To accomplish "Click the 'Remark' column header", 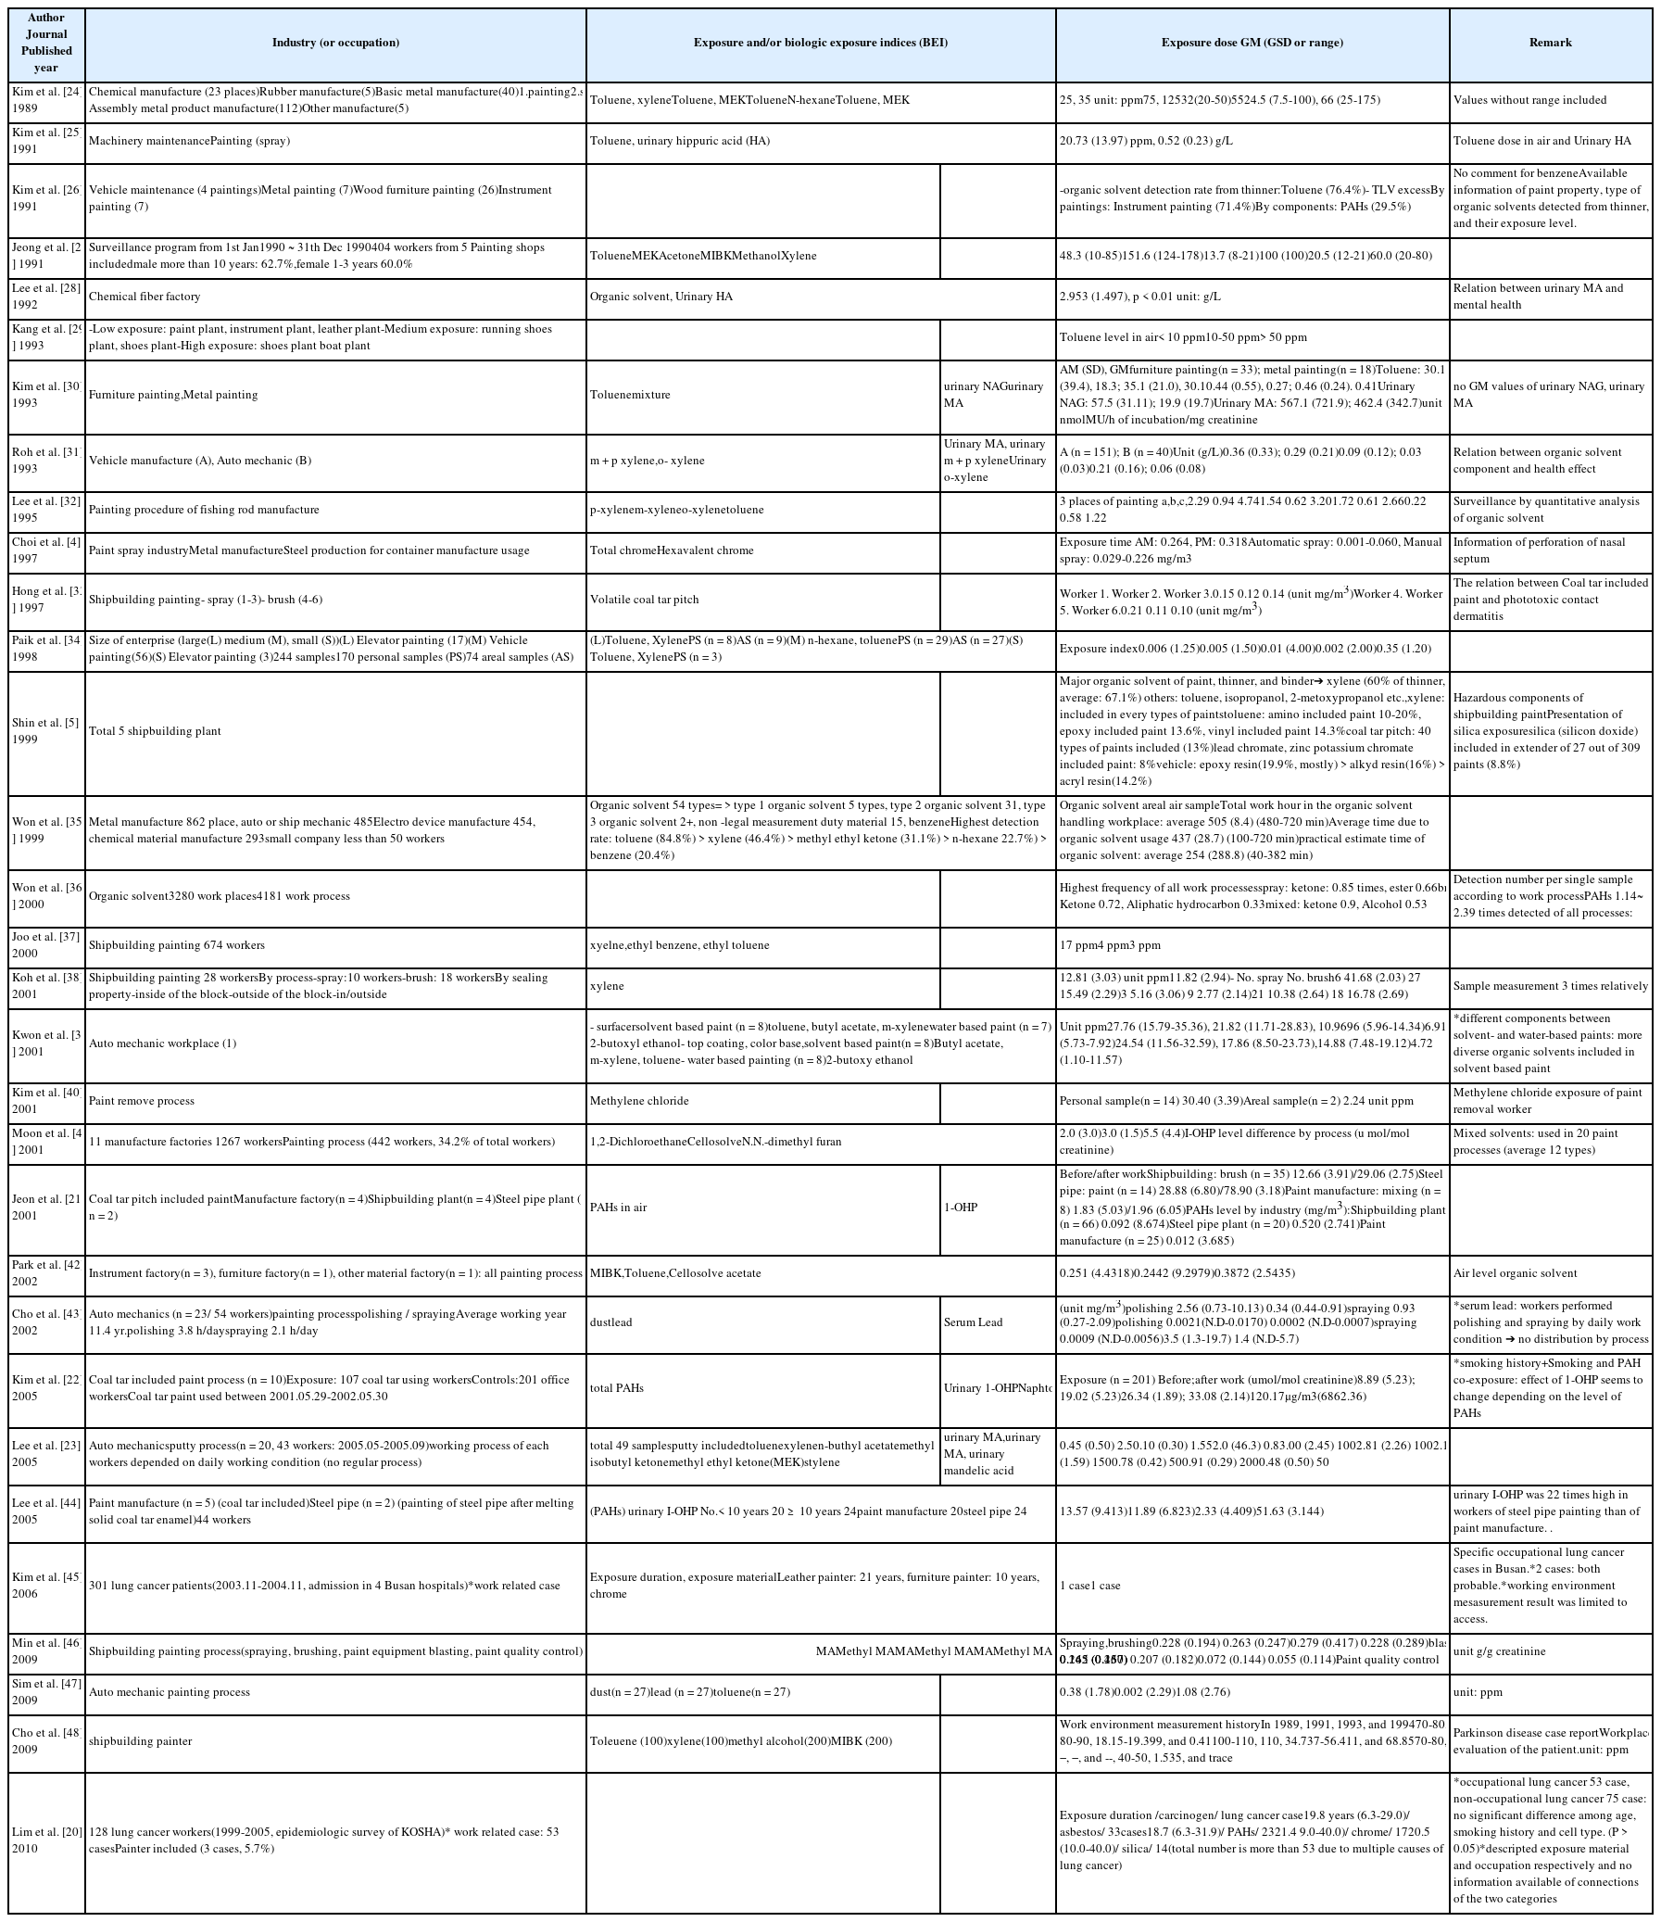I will (x=1550, y=43).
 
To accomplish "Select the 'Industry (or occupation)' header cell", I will (x=334, y=43).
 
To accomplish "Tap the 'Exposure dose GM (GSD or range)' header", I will (x=1252, y=43).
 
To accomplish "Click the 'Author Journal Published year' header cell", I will (x=45, y=43).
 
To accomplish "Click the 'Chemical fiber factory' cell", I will (x=145, y=297).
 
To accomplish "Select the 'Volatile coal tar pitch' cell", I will (x=645, y=600).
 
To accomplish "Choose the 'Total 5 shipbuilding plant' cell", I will (x=155, y=731).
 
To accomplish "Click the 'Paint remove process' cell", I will (x=142, y=1101).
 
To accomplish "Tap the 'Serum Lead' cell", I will (x=973, y=1321).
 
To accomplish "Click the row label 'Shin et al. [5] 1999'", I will (x=45, y=731).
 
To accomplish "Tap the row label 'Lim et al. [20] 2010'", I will (x=45, y=1840).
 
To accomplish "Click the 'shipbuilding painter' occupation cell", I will (x=140, y=1741).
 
